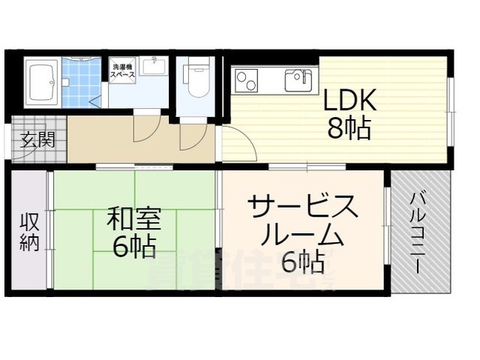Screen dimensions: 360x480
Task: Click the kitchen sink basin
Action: pos(298,77)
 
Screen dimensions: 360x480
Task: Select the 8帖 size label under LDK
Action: pos(348,130)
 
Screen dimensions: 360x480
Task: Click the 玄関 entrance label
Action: pos(35,140)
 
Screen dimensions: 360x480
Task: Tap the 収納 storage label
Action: pos(28,232)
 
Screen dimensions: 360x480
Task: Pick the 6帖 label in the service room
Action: pos(303,262)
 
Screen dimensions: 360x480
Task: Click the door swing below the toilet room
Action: pos(193,135)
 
